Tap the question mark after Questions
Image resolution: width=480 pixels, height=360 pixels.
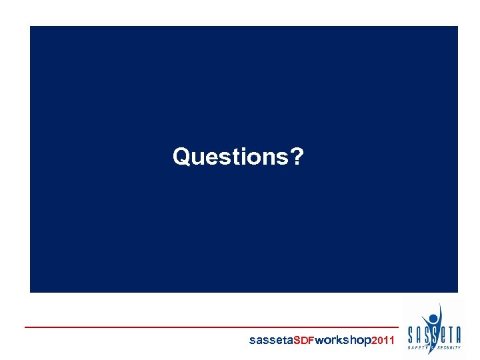coord(297,157)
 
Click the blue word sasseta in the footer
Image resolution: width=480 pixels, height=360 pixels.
coord(271,341)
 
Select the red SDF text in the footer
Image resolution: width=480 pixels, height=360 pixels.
coord(304,341)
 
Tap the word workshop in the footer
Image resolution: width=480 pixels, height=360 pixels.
coord(343,341)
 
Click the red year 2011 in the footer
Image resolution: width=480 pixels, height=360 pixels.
coord(383,341)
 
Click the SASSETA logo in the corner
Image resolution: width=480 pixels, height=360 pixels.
coord(434,330)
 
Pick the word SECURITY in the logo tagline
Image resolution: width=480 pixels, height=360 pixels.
coord(449,347)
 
